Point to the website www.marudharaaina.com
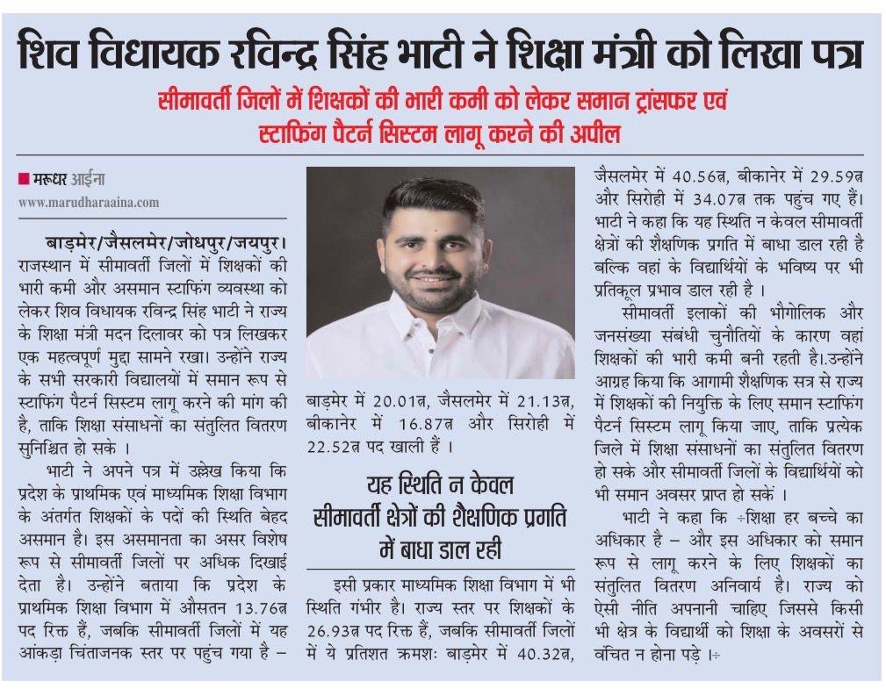(89, 202)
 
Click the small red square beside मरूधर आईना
(24, 180)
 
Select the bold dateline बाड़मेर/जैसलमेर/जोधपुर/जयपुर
(168, 241)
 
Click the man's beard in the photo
(438, 298)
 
